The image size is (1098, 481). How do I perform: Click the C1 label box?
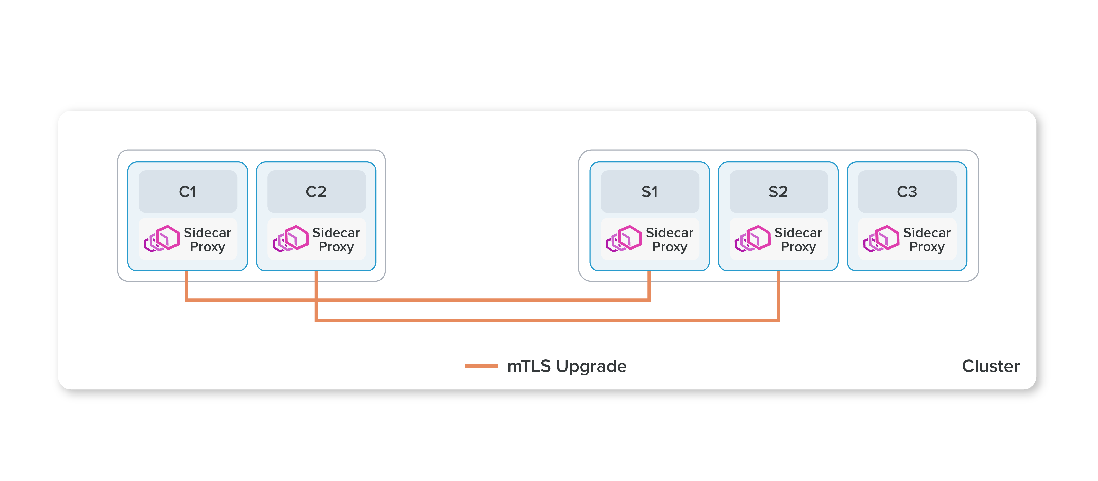(188, 192)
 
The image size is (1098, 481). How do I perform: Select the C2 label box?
(316, 192)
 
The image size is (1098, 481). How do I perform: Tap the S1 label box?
(649, 192)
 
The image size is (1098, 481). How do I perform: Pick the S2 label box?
(778, 192)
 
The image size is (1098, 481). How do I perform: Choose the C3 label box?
(907, 192)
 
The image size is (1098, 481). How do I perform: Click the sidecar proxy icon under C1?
(162, 239)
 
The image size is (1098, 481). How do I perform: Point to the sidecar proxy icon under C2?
(291, 239)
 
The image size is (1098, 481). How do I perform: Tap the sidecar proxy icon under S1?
(624, 239)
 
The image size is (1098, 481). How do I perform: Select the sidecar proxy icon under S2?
(753, 239)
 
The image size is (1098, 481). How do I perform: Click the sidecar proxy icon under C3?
(882, 239)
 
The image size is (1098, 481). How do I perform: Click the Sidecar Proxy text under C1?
(208, 240)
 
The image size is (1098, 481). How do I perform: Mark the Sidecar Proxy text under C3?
(927, 240)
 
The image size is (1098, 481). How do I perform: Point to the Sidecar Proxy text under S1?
(670, 240)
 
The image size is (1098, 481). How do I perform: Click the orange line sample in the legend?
(481, 366)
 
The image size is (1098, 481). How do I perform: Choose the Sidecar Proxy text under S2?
(798, 240)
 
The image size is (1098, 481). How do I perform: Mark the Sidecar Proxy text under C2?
(336, 240)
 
